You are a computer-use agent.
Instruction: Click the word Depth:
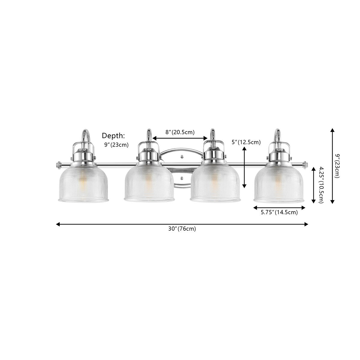[x=114, y=135]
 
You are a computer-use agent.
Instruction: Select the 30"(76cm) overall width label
[x=182, y=229]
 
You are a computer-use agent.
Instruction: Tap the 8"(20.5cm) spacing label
[x=180, y=132]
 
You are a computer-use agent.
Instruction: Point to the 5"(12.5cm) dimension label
[x=247, y=142]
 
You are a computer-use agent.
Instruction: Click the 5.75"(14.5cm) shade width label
[x=279, y=213]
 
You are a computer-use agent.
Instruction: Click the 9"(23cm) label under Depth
[x=116, y=145]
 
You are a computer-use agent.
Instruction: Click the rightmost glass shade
[x=279, y=184]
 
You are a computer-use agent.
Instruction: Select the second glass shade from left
[x=149, y=184]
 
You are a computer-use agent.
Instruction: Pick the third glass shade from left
[x=215, y=184]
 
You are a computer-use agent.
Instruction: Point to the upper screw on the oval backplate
[x=182, y=157]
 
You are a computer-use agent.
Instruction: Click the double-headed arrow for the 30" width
[x=182, y=224]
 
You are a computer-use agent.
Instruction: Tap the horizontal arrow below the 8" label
[x=180, y=138]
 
